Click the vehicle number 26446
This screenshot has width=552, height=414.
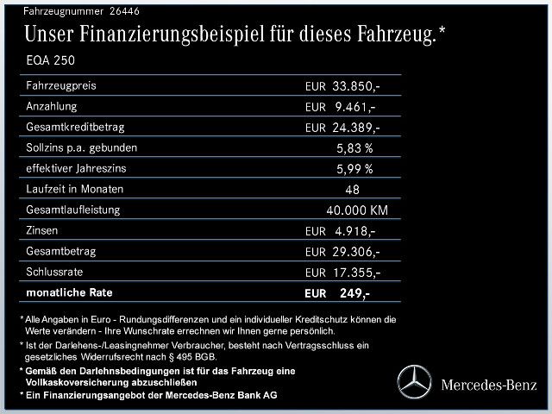(x=124, y=11)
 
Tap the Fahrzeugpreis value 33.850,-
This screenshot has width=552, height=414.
(x=354, y=86)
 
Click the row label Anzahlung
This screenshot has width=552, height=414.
(x=53, y=106)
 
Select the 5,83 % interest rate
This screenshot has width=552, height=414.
(x=354, y=147)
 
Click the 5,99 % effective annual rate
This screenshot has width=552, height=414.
(x=354, y=168)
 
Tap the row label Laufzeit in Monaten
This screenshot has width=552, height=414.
(x=75, y=189)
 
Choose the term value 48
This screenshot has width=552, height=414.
(x=352, y=190)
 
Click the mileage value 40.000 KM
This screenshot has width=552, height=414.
(x=357, y=210)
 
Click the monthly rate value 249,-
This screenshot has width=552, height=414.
(x=354, y=293)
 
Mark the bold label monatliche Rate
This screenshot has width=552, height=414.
(x=71, y=292)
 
